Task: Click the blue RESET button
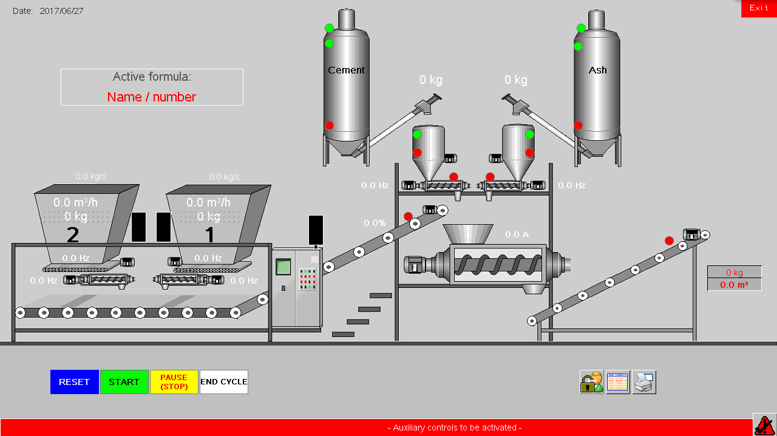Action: tap(75, 382)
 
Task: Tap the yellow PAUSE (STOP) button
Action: tap(174, 382)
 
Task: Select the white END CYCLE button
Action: tap(224, 382)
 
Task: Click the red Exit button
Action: tap(759, 9)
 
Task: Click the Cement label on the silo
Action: tap(347, 70)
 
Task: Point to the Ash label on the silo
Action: tap(598, 70)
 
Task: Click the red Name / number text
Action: tap(152, 97)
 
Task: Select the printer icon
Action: tap(644, 383)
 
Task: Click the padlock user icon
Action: tap(592, 383)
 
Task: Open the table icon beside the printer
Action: tap(618, 383)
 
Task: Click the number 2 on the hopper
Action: tap(73, 234)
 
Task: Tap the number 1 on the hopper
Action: tap(209, 234)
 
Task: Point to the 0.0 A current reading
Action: tap(517, 235)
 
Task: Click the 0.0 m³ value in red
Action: tap(734, 285)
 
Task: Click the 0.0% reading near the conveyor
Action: tap(375, 223)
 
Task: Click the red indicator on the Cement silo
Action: tap(329, 125)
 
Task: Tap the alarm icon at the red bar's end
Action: tap(764, 424)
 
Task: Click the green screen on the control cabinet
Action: tap(283, 267)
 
